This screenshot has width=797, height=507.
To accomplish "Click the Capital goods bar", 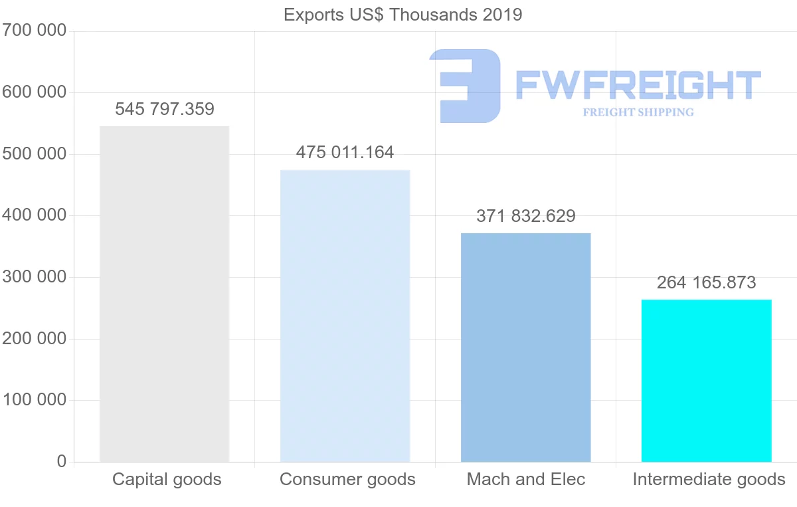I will click(164, 294).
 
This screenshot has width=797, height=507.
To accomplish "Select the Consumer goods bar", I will click(345, 316).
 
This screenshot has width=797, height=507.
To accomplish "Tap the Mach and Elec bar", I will click(525, 347).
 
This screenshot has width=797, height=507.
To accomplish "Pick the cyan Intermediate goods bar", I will click(706, 380).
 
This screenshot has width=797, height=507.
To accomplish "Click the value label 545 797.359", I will click(165, 109).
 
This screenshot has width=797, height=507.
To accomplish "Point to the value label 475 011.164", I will click(345, 152).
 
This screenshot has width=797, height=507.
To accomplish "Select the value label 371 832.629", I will click(525, 216).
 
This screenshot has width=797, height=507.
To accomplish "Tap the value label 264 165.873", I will click(706, 282).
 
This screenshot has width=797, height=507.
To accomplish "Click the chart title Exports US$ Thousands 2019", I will click(402, 15).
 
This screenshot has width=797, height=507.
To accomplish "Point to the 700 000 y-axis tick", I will click(34, 31).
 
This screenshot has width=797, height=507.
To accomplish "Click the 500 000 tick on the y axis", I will click(34, 154).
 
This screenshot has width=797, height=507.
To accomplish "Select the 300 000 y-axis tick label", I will click(34, 277).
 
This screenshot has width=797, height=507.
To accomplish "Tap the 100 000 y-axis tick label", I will click(34, 400).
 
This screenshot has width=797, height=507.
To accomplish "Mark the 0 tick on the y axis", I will click(62, 461).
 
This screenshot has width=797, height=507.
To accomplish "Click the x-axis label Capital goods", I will click(167, 479).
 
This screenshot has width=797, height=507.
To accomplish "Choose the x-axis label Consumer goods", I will click(347, 479).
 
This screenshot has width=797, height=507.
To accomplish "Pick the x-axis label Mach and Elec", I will click(526, 479).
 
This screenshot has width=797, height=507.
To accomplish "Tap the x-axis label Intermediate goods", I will click(709, 479).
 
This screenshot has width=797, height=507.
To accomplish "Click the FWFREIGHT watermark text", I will click(638, 85).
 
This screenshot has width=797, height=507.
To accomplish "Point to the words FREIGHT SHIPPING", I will click(638, 112).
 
